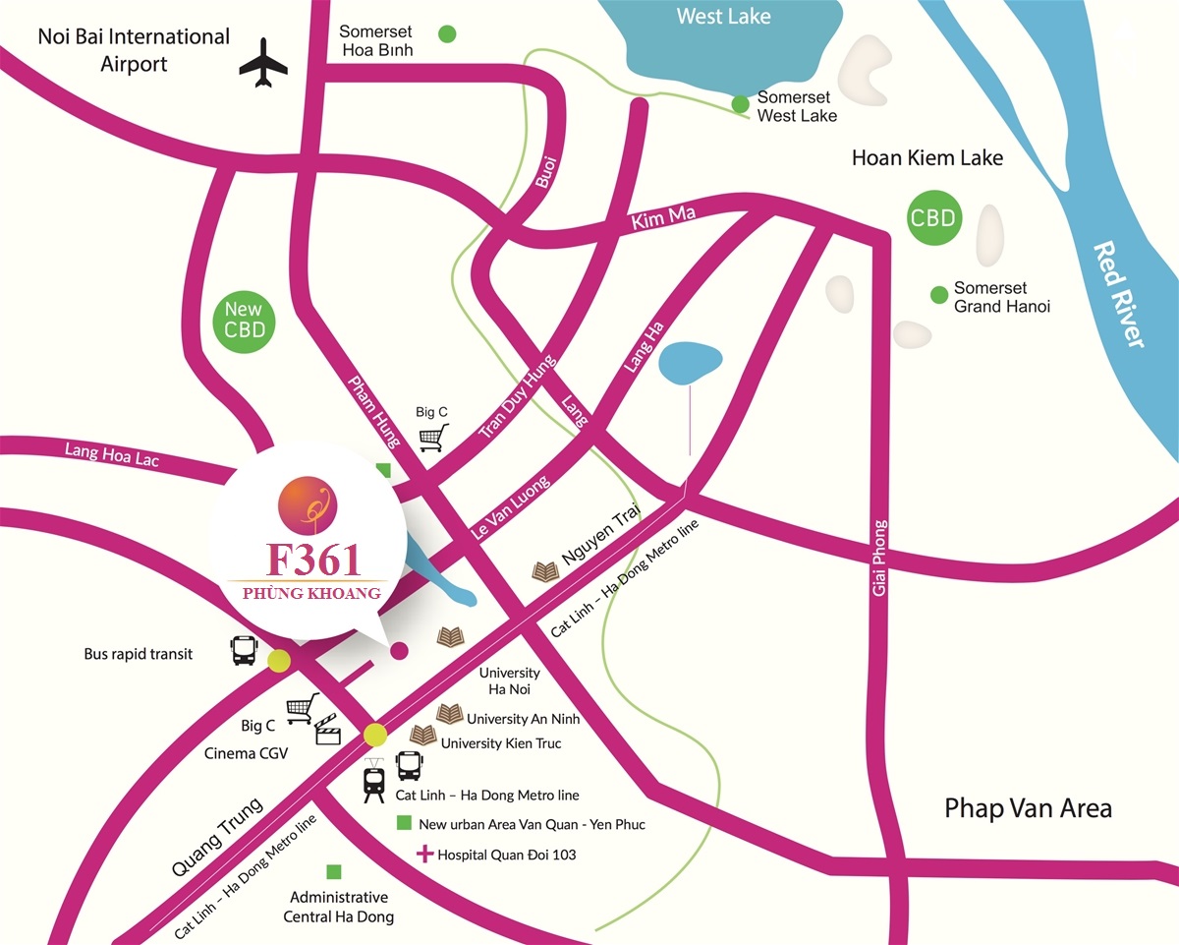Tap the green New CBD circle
click(x=244, y=319)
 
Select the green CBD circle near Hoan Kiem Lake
click(x=932, y=217)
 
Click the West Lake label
click(x=724, y=17)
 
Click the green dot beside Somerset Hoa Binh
click(x=447, y=34)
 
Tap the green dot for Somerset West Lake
click(x=741, y=104)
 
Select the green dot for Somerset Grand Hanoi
click(x=938, y=293)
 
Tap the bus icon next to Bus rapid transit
click(x=244, y=651)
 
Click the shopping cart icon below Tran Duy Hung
click(x=432, y=437)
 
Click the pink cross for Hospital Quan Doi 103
click(x=424, y=854)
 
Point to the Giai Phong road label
click(x=879, y=557)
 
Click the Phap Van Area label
click(x=1028, y=808)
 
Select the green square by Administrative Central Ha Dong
click(x=334, y=871)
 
